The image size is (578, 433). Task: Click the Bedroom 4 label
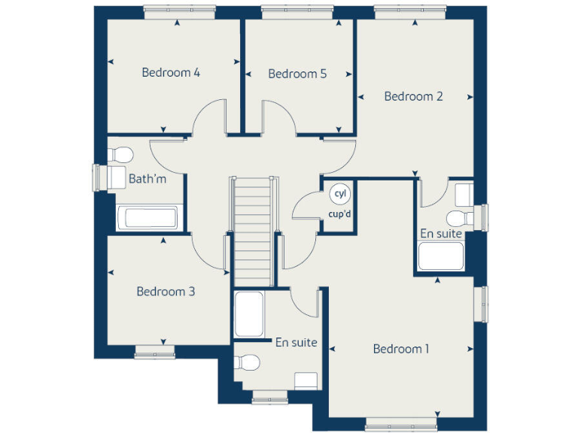pyautogui.click(x=171, y=73)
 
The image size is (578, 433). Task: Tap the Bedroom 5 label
pyautogui.click(x=297, y=74)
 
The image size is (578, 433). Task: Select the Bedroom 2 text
pyautogui.click(x=413, y=96)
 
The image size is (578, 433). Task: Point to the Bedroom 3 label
pyautogui.click(x=166, y=292)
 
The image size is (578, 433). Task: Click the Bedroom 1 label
pyautogui.click(x=401, y=349)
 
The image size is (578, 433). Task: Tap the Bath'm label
pyautogui.click(x=148, y=179)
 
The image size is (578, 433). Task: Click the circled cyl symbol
pyautogui.click(x=340, y=194)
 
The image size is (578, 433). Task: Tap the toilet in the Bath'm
pyautogui.click(x=120, y=155)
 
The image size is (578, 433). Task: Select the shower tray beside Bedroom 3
pyautogui.click(x=248, y=314)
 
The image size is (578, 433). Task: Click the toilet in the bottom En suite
pyautogui.click(x=247, y=363)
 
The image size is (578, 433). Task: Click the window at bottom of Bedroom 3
pyautogui.click(x=155, y=350)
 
